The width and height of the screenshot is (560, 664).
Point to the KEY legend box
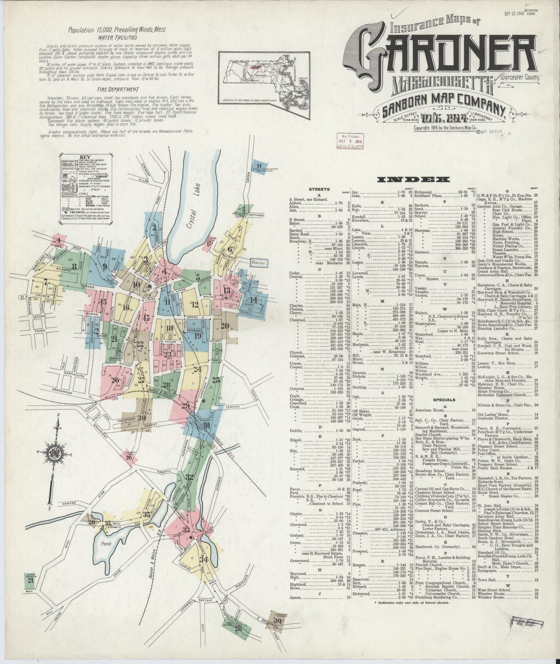(86, 188)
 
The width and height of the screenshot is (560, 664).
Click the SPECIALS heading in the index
(444, 400)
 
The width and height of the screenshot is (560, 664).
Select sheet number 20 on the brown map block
(225, 326)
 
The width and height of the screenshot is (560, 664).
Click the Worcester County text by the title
(519, 77)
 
